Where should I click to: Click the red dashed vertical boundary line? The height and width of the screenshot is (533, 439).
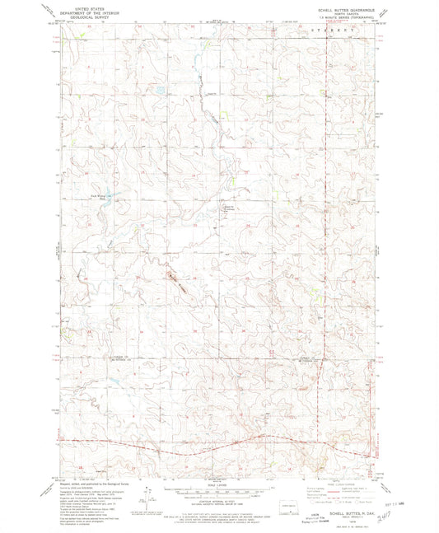[327, 247]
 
